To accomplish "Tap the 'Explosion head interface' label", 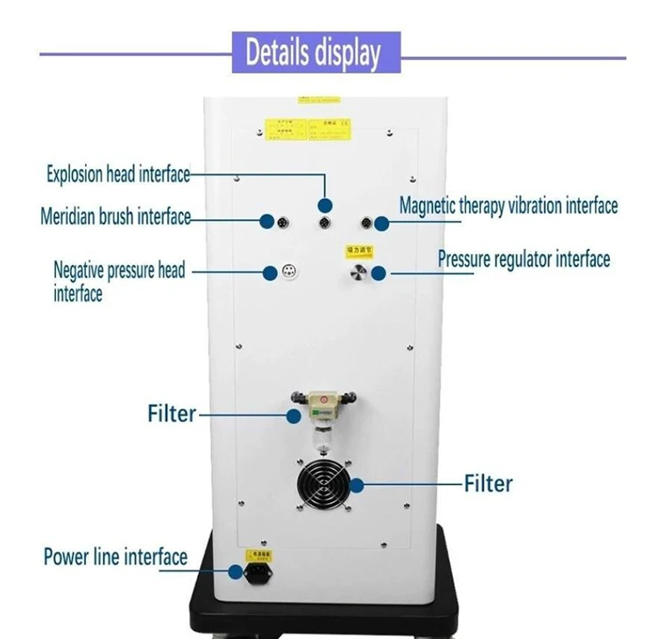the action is (118, 174).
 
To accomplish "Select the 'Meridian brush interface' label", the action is (116, 217).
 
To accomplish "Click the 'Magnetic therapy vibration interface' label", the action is (508, 206).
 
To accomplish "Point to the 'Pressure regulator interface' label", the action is (523, 259).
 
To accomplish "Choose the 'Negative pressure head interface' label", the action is (119, 281).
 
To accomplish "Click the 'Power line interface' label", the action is (116, 557).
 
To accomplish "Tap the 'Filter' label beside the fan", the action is (488, 483).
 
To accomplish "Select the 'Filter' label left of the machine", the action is (172, 412).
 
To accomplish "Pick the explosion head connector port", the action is (325, 222).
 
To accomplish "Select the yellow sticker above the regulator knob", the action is (361, 251).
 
